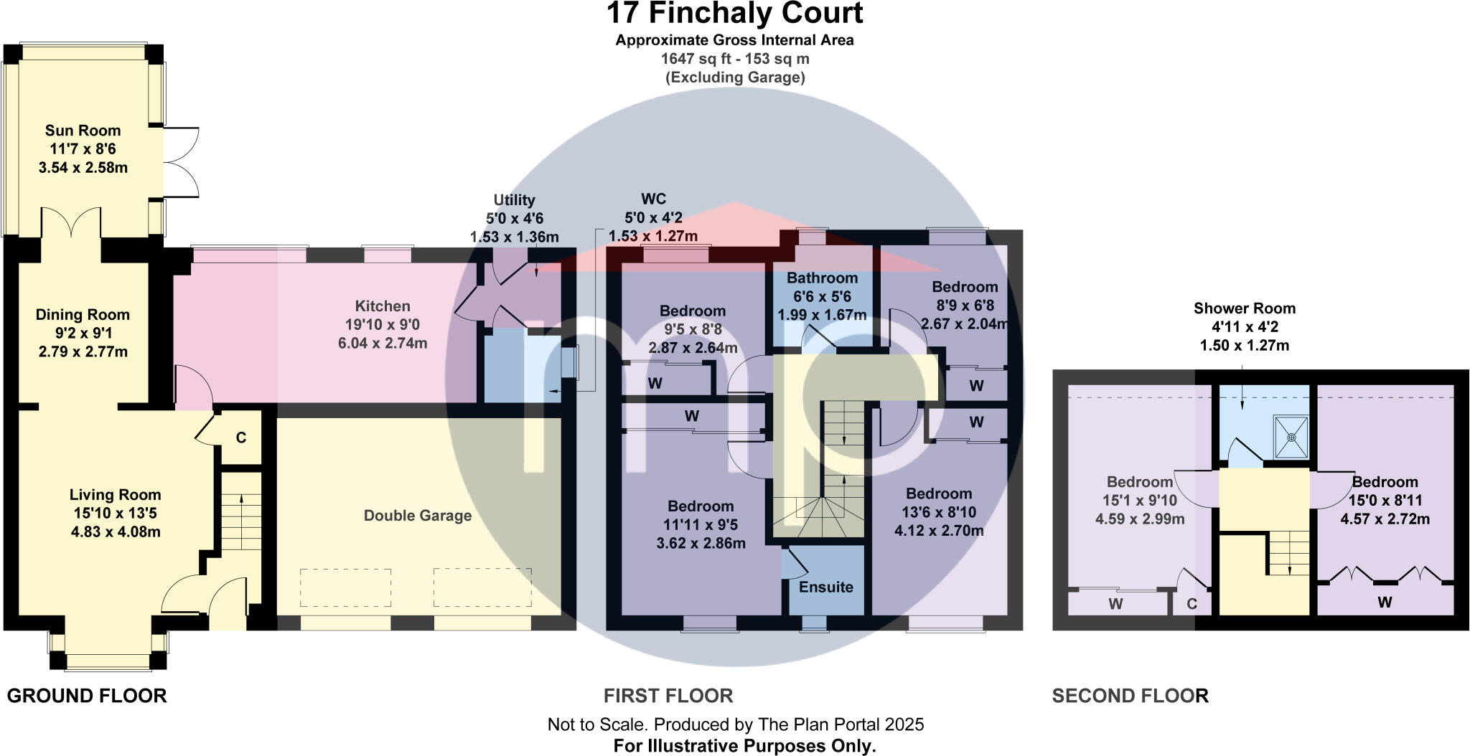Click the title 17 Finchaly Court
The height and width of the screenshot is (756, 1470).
(734, 14)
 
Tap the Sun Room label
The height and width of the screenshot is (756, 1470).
(83, 131)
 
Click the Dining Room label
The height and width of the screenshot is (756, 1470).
(83, 314)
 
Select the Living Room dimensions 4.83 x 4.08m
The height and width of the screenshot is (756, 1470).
(116, 532)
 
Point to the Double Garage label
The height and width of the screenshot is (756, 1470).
(418, 516)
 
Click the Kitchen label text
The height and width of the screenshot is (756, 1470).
(383, 306)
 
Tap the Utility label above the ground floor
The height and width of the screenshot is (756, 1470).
(514, 200)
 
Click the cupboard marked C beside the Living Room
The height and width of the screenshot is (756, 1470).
(241, 438)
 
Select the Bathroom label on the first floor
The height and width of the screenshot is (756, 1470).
(822, 278)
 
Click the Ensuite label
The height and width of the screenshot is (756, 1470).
(826, 587)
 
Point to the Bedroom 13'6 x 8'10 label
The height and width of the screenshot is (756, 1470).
(939, 493)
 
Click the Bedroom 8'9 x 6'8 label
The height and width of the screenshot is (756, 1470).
(965, 287)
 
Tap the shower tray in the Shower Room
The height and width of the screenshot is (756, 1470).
(1291, 436)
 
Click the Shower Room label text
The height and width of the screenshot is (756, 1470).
(1244, 308)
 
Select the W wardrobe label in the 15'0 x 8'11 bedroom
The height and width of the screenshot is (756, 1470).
(1385, 603)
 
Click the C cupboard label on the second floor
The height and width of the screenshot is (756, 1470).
(1192, 604)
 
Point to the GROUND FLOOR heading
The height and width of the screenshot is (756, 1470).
(87, 696)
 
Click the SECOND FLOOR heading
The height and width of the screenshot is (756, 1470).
(1130, 696)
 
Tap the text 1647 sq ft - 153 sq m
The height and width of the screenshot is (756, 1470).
(734, 59)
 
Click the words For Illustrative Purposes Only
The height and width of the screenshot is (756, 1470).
(744, 746)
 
